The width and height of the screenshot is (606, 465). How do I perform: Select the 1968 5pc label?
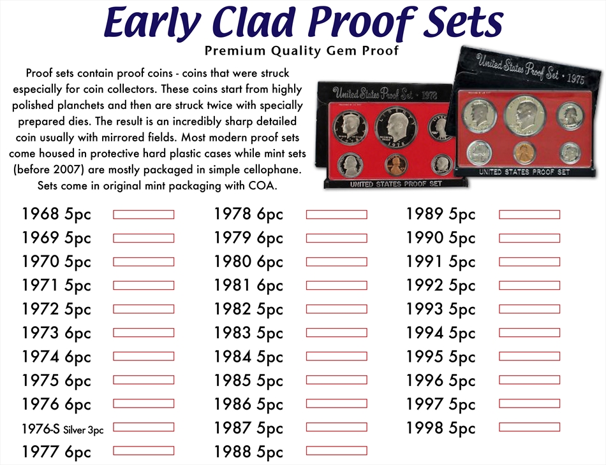click(x=56, y=215)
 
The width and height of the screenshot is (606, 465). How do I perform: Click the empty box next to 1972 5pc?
click(x=144, y=309)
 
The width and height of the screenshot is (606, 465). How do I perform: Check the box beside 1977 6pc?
click(x=144, y=451)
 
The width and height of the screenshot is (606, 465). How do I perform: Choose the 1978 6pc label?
click(x=249, y=215)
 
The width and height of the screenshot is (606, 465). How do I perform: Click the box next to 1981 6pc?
click(x=337, y=285)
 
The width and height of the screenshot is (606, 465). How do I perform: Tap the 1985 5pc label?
click(x=249, y=381)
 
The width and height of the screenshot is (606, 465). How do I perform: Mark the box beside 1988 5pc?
click(x=337, y=451)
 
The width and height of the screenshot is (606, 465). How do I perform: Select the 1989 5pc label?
click(x=441, y=215)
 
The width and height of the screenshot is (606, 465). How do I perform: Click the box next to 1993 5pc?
click(x=529, y=309)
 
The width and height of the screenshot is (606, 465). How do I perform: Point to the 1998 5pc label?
click(x=441, y=428)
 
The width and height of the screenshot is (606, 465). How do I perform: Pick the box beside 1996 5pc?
click(x=529, y=380)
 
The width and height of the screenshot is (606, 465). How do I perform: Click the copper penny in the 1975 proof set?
click(x=524, y=153)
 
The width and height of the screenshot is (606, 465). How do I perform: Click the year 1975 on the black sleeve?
click(x=575, y=78)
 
